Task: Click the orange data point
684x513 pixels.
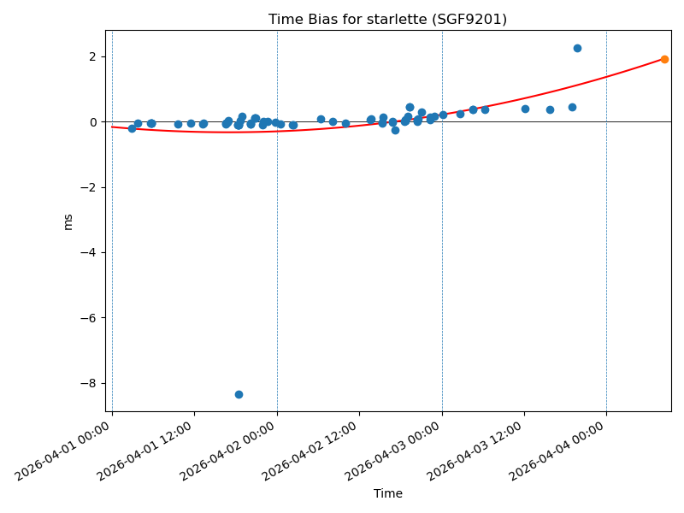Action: point(664,59)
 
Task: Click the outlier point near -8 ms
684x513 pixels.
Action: point(239,394)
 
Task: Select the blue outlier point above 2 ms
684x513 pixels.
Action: point(577,48)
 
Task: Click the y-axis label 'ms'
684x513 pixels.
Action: point(68,221)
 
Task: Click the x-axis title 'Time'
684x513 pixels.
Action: point(387,493)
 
